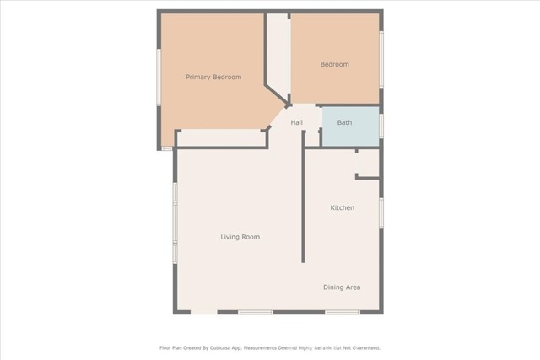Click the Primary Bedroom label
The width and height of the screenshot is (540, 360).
(x=213, y=78)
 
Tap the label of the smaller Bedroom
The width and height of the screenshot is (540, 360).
(x=334, y=64)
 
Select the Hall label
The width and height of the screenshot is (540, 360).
(x=297, y=123)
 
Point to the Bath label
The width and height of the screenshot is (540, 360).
(x=344, y=123)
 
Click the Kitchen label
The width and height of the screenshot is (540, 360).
(x=342, y=207)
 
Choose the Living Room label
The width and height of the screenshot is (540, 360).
(x=240, y=237)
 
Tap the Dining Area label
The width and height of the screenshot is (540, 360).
(x=342, y=287)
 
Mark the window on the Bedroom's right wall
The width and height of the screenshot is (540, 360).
(x=381, y=59)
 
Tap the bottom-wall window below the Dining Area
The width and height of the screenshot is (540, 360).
(x=343, y=312)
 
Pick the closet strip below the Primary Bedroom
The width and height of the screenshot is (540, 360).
(x=221, y=137)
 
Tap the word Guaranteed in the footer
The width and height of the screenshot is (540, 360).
(x=364, y=347)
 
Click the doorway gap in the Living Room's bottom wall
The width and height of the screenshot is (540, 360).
(x=204, y=312)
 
